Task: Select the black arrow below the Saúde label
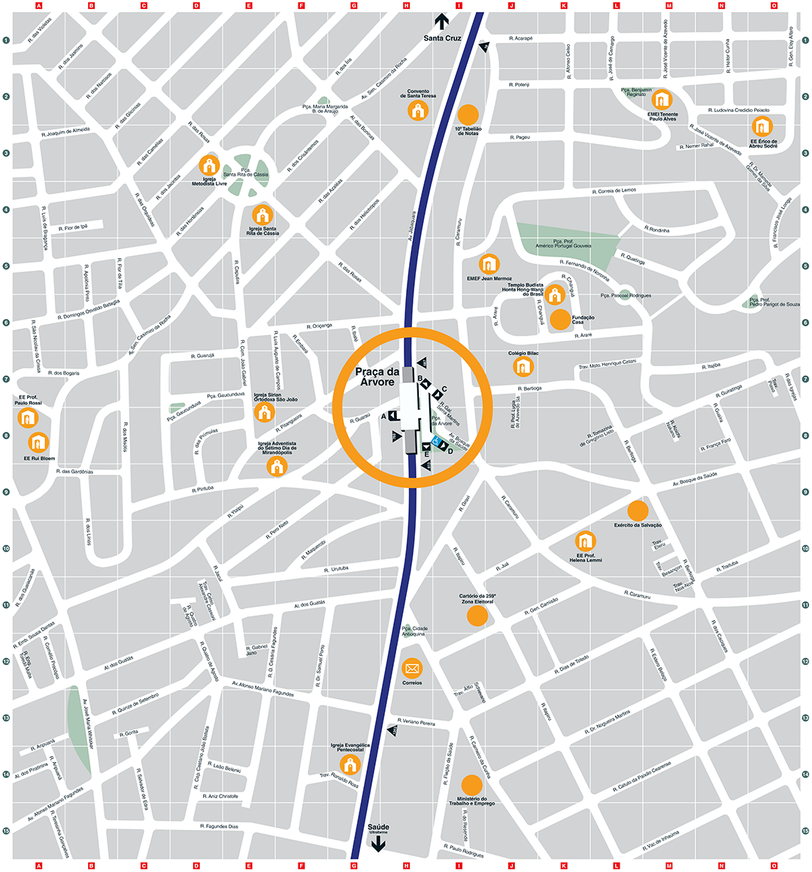tap(378, 844)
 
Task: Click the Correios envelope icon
tap(412, 667)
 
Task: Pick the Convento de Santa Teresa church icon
tap(417, 111)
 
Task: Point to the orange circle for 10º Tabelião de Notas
tap(468, 114)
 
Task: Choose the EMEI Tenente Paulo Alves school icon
tap(662, 99)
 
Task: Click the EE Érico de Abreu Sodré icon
tap(762, 126)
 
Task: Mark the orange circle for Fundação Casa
tap(560, 319)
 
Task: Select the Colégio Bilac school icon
tap(523, 367)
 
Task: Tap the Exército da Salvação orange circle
tap(638, 510)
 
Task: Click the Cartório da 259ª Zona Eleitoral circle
tap(477, 616)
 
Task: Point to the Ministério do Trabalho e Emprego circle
tap(471, 785)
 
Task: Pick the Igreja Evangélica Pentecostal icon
tap(349, 765)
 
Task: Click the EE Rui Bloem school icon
tap(38, 442)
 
